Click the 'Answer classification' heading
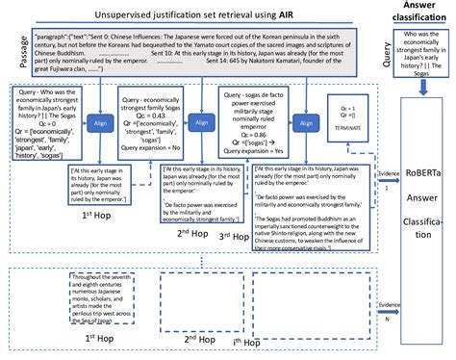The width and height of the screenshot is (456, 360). [x=417, y=13]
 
